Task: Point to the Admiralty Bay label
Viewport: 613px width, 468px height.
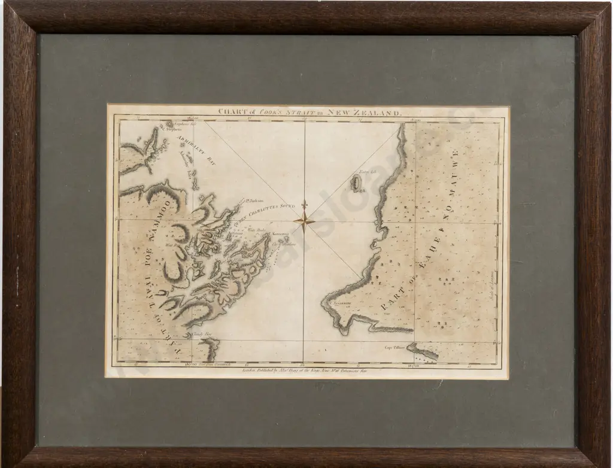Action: [x=196, y=147]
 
